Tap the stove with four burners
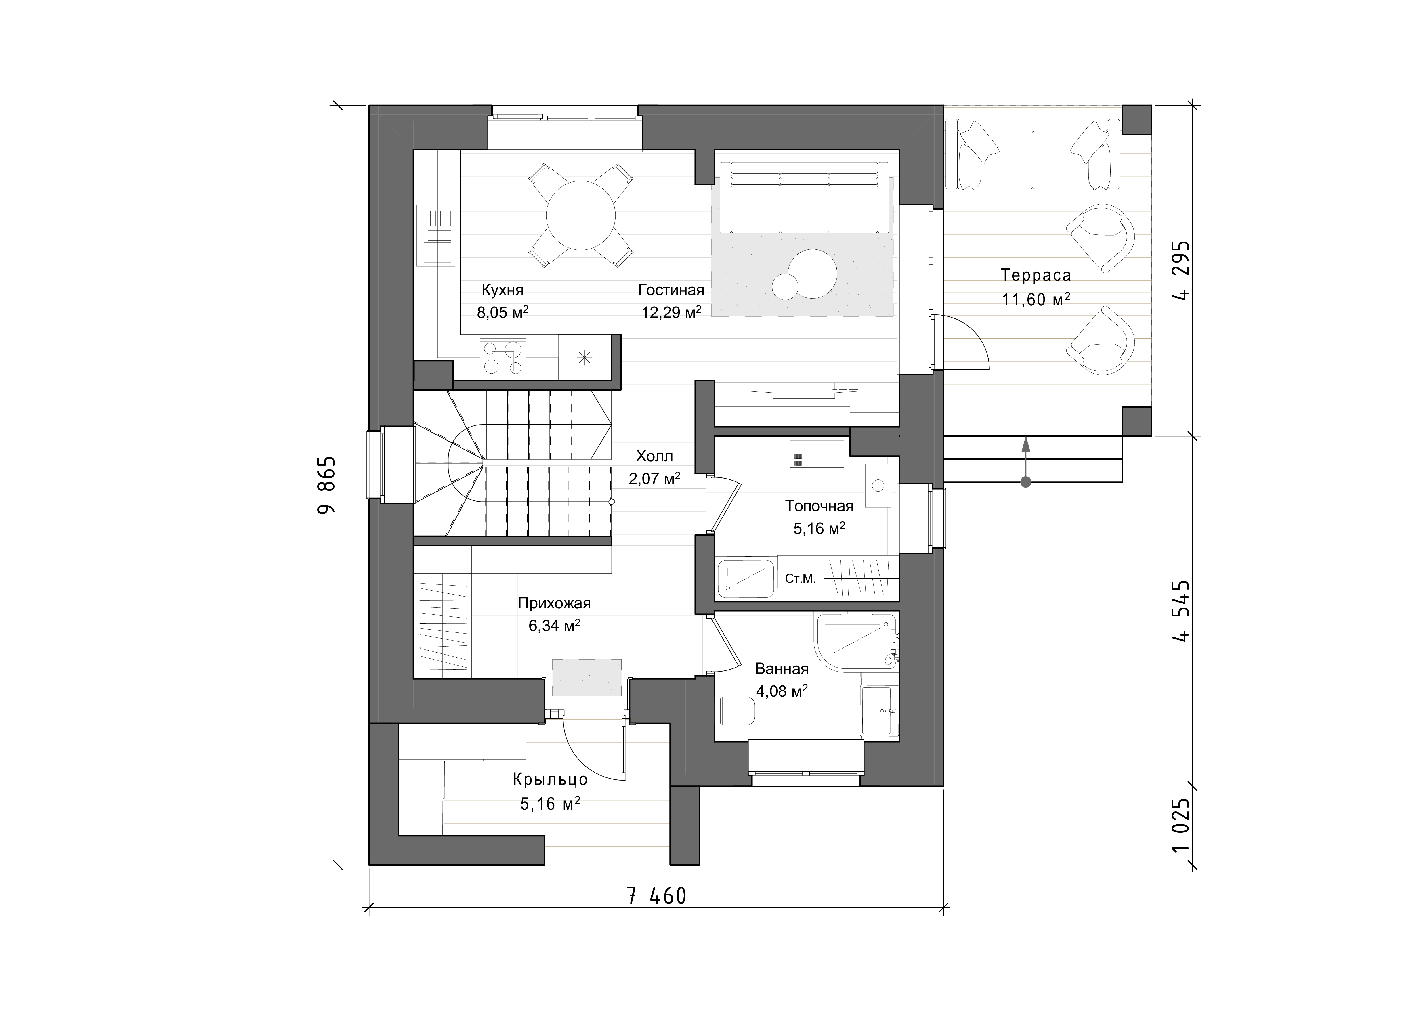coord(503,358)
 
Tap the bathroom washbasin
coord(879,711)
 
